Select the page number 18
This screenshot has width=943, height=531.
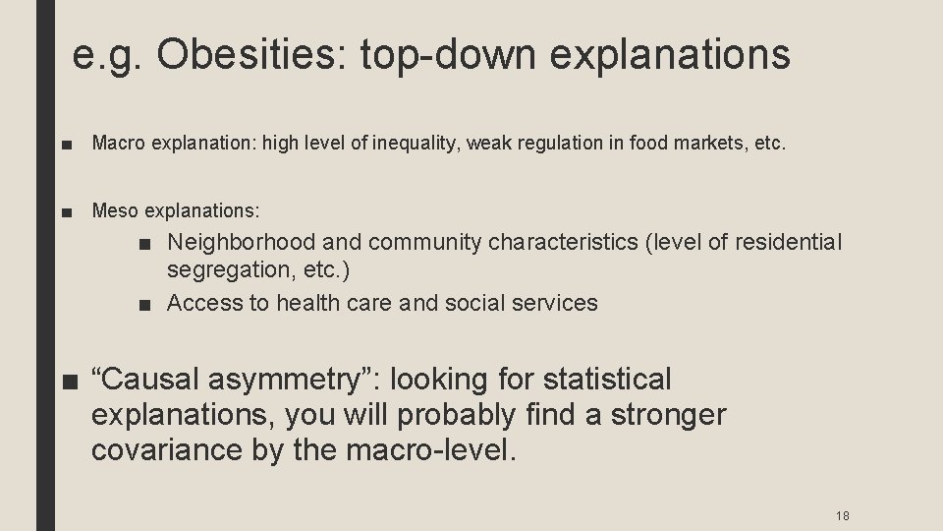(842, 516)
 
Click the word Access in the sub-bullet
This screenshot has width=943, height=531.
(204, 303)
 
